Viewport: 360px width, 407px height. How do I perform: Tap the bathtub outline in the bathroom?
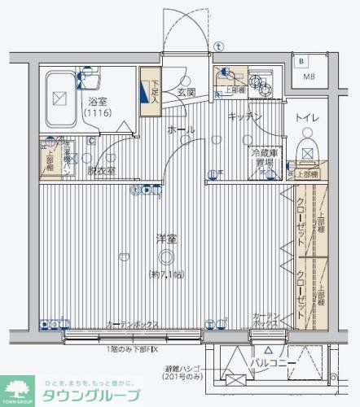pos(59,98)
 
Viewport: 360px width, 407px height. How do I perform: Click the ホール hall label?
pos(179,129)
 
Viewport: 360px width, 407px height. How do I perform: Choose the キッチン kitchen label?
pos(244,117)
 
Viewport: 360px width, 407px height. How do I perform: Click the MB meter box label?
pos(309,77)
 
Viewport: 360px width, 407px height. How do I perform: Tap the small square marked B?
pos(302,61)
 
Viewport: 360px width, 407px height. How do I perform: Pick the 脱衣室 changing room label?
pos(102,172)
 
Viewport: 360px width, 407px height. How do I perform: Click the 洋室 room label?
pos(167,239)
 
